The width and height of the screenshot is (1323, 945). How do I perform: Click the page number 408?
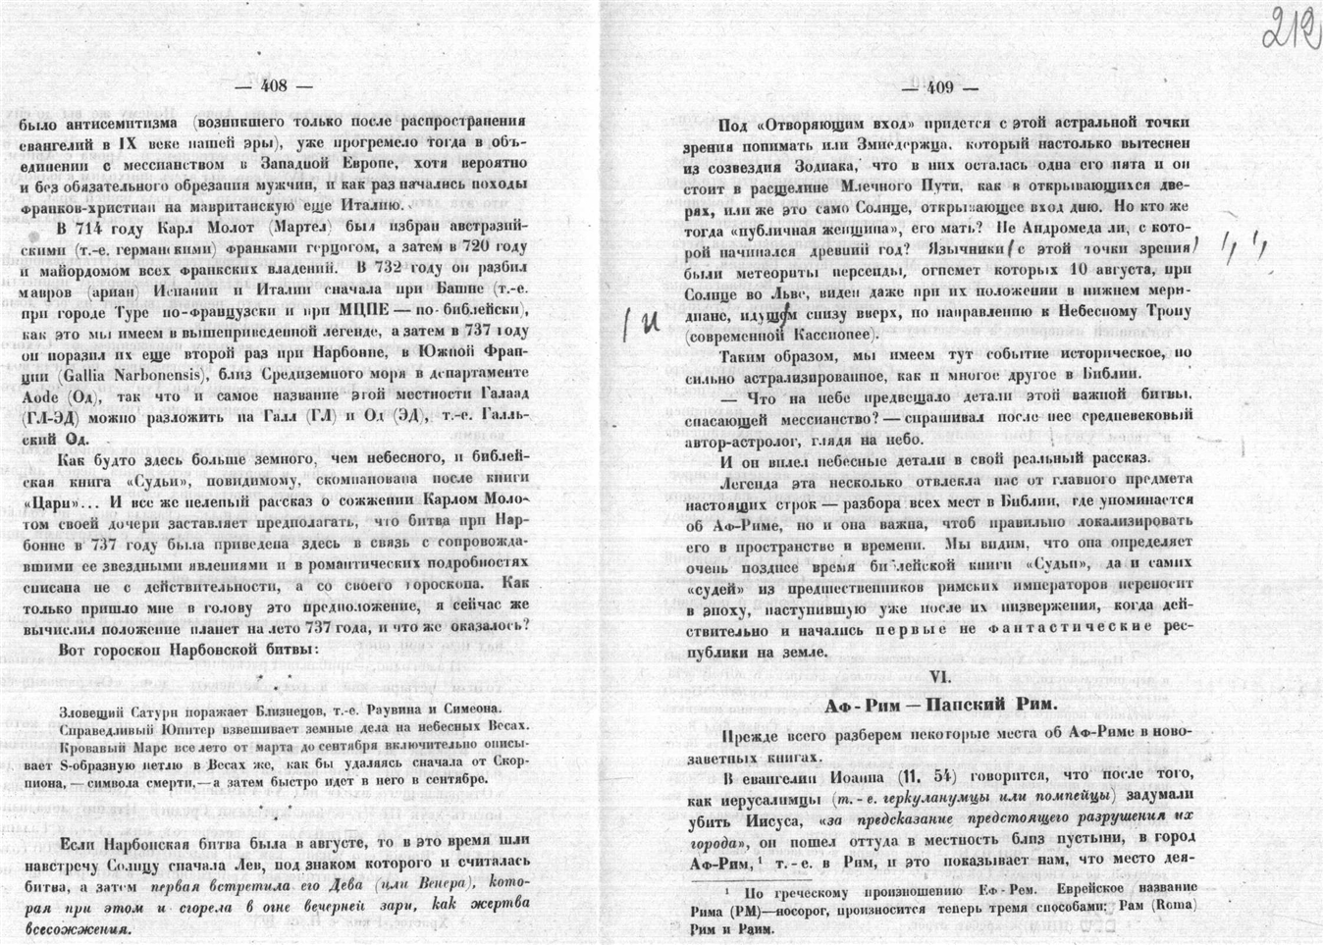[273, 86]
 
